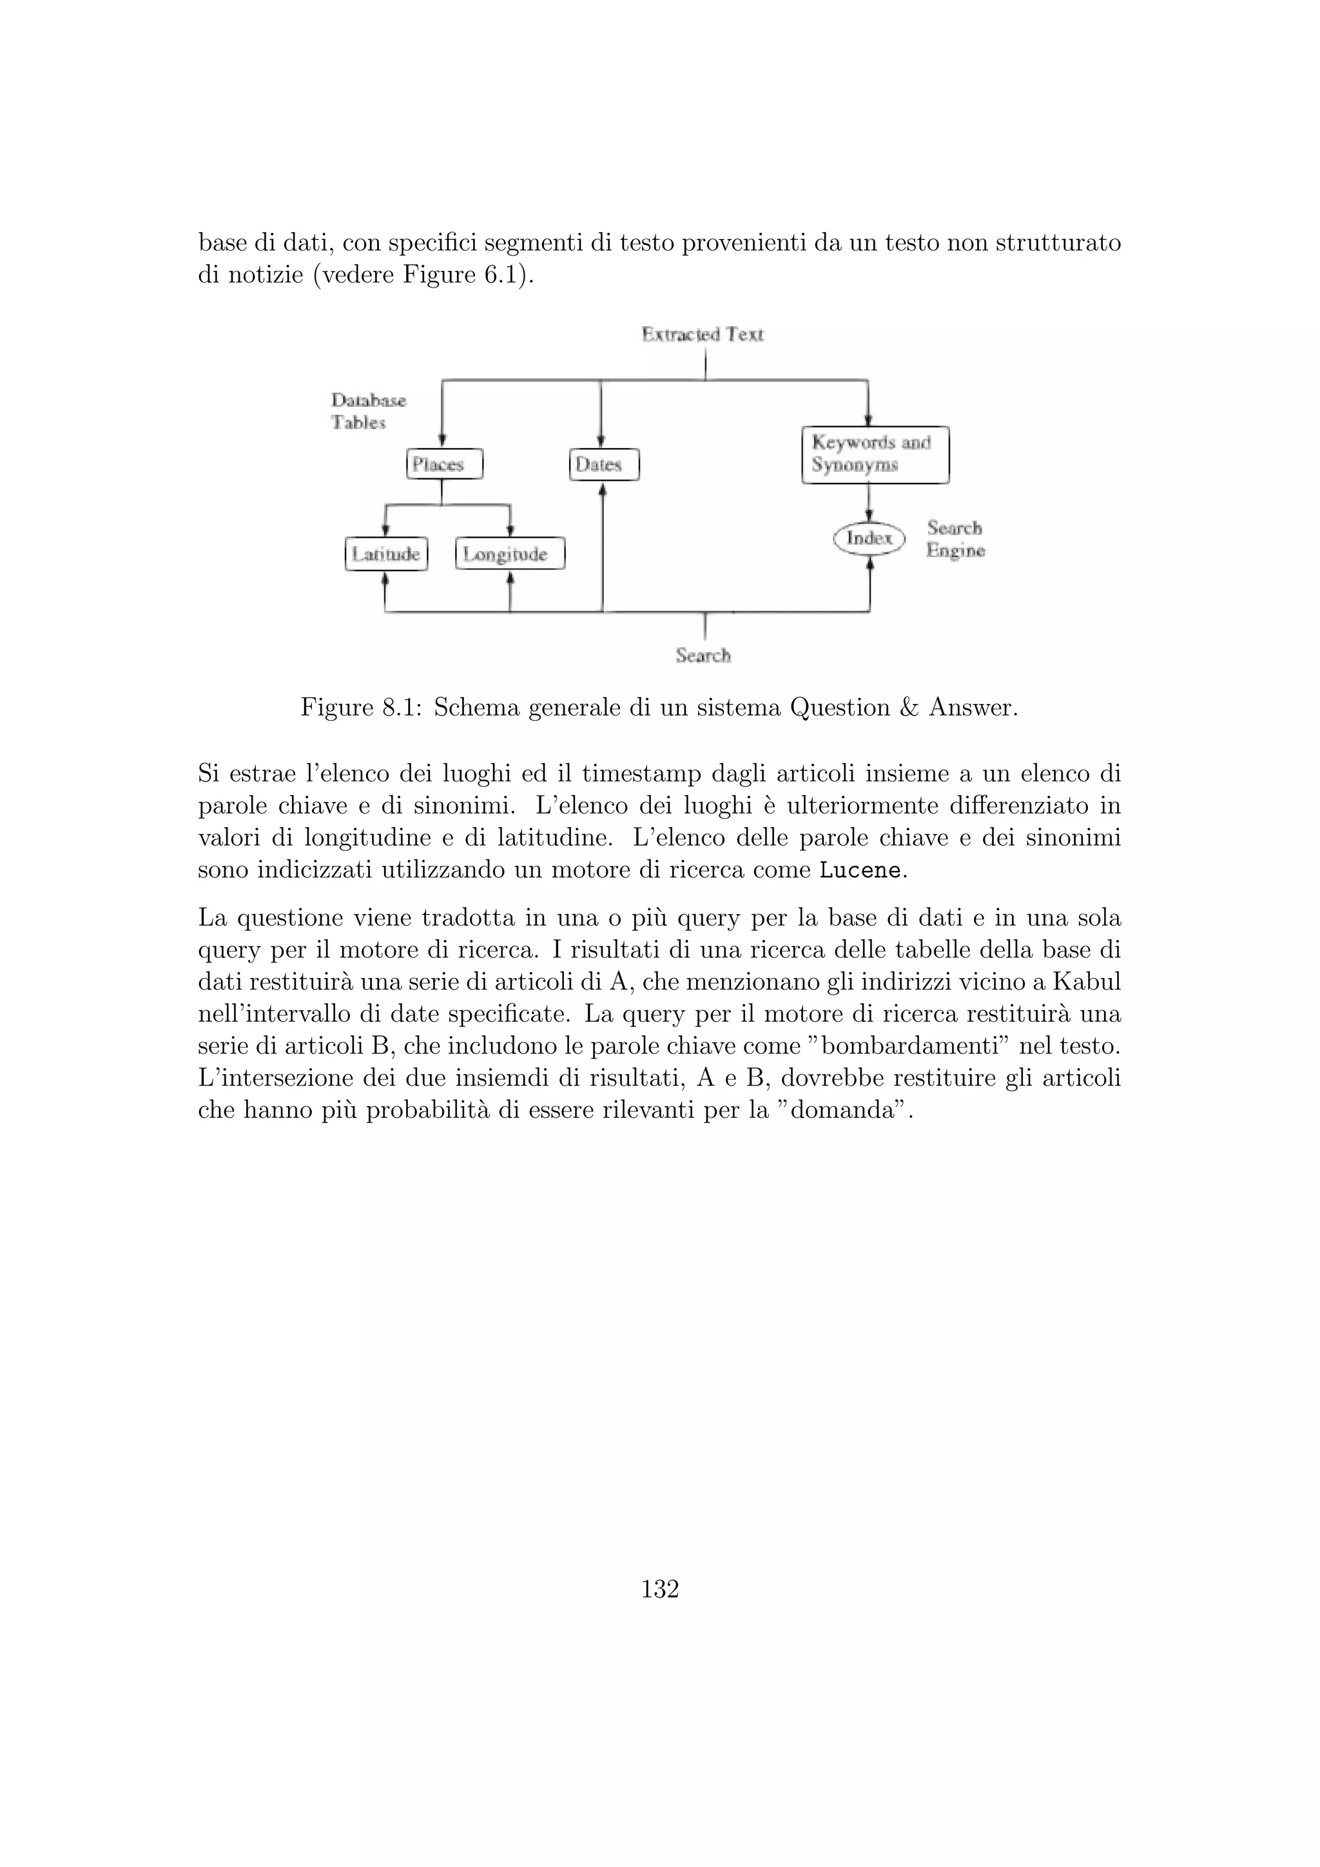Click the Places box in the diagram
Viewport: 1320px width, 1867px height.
(x=444, y=464)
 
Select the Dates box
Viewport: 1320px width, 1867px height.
(x=604, y=464)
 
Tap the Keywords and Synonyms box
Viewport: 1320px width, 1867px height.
(x=875, y=455)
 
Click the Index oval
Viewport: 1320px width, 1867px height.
(x=869, y=538)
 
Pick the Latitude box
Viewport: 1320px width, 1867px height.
(x=386, y=554)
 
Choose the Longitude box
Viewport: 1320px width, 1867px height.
(x=510, y=554)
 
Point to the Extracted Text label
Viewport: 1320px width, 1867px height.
(x=703, y=334)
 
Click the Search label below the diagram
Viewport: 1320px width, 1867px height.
(x=703, y=656)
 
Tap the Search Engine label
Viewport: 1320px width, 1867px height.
(x=955, y=539)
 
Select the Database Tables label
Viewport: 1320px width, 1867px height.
(x=367, y=411)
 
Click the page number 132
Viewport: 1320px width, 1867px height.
(x=660, y=1589)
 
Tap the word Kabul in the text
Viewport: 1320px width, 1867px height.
(x=1087, y=982)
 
